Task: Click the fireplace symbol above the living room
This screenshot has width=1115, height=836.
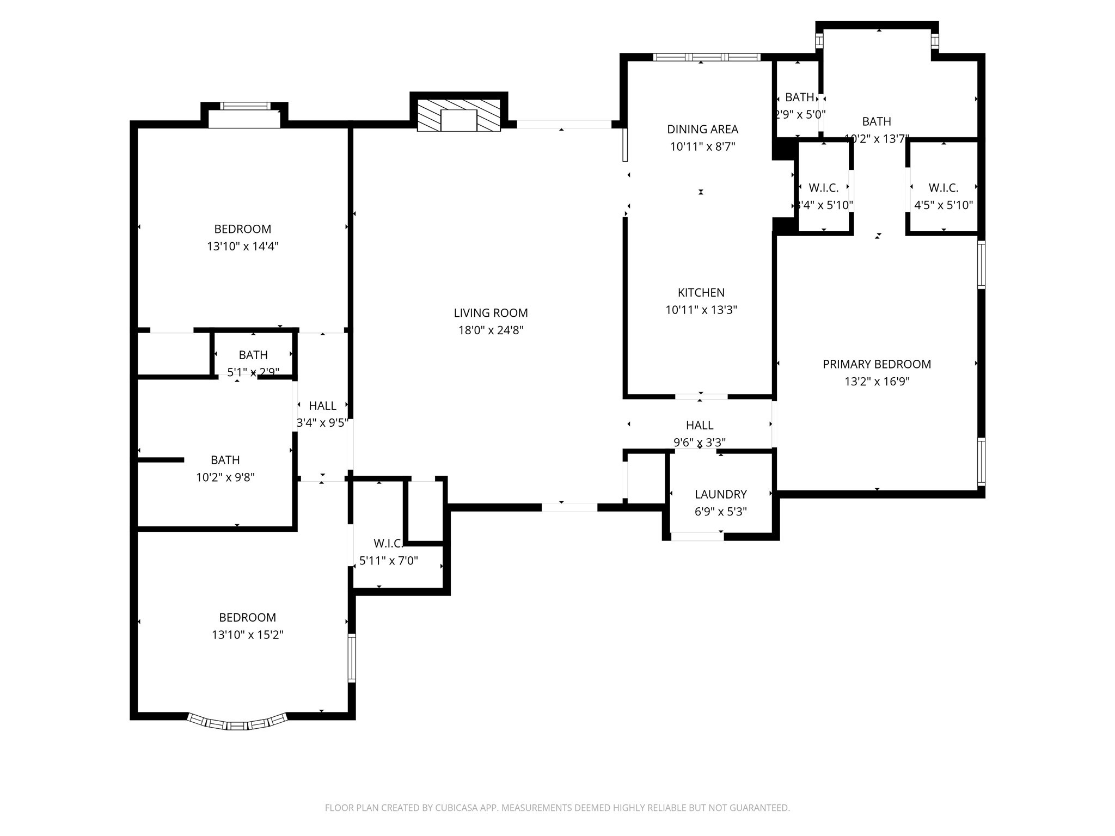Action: [x=458, y=115]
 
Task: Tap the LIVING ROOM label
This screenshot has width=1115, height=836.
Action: [x=491, y=313]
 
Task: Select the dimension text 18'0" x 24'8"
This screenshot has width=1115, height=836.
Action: [x=491, y=330]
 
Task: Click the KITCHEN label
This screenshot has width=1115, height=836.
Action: [x=701, y=293]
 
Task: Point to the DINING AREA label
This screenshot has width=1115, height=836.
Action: [x=702, y=130]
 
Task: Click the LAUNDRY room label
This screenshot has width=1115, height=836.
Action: [x=720, y=494]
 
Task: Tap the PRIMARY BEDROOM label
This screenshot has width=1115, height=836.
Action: [x=877, y=364]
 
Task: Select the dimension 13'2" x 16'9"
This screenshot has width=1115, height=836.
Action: [x=877, y=382]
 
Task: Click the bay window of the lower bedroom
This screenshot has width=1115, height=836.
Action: [x=237, y=723]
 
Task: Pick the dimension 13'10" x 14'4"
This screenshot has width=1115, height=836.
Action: [x=242, y=247]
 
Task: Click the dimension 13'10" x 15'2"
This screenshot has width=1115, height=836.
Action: [x=248, y=635]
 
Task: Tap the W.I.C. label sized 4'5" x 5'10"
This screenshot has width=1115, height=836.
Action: [x=943, y=188]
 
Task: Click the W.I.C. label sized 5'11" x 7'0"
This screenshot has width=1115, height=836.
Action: [x=388, y=543]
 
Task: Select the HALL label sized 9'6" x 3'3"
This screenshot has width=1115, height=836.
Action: [x=699, y=425]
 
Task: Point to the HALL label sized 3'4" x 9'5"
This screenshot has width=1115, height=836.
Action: [x=322, y=405]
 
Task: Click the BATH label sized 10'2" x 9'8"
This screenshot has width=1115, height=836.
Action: [x=225, y=460]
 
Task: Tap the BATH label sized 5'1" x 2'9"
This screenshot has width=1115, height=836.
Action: [x=253, y=355]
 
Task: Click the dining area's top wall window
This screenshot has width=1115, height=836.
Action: [x=706, y=57]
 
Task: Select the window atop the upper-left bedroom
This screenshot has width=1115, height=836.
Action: [x=244, y=106]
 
